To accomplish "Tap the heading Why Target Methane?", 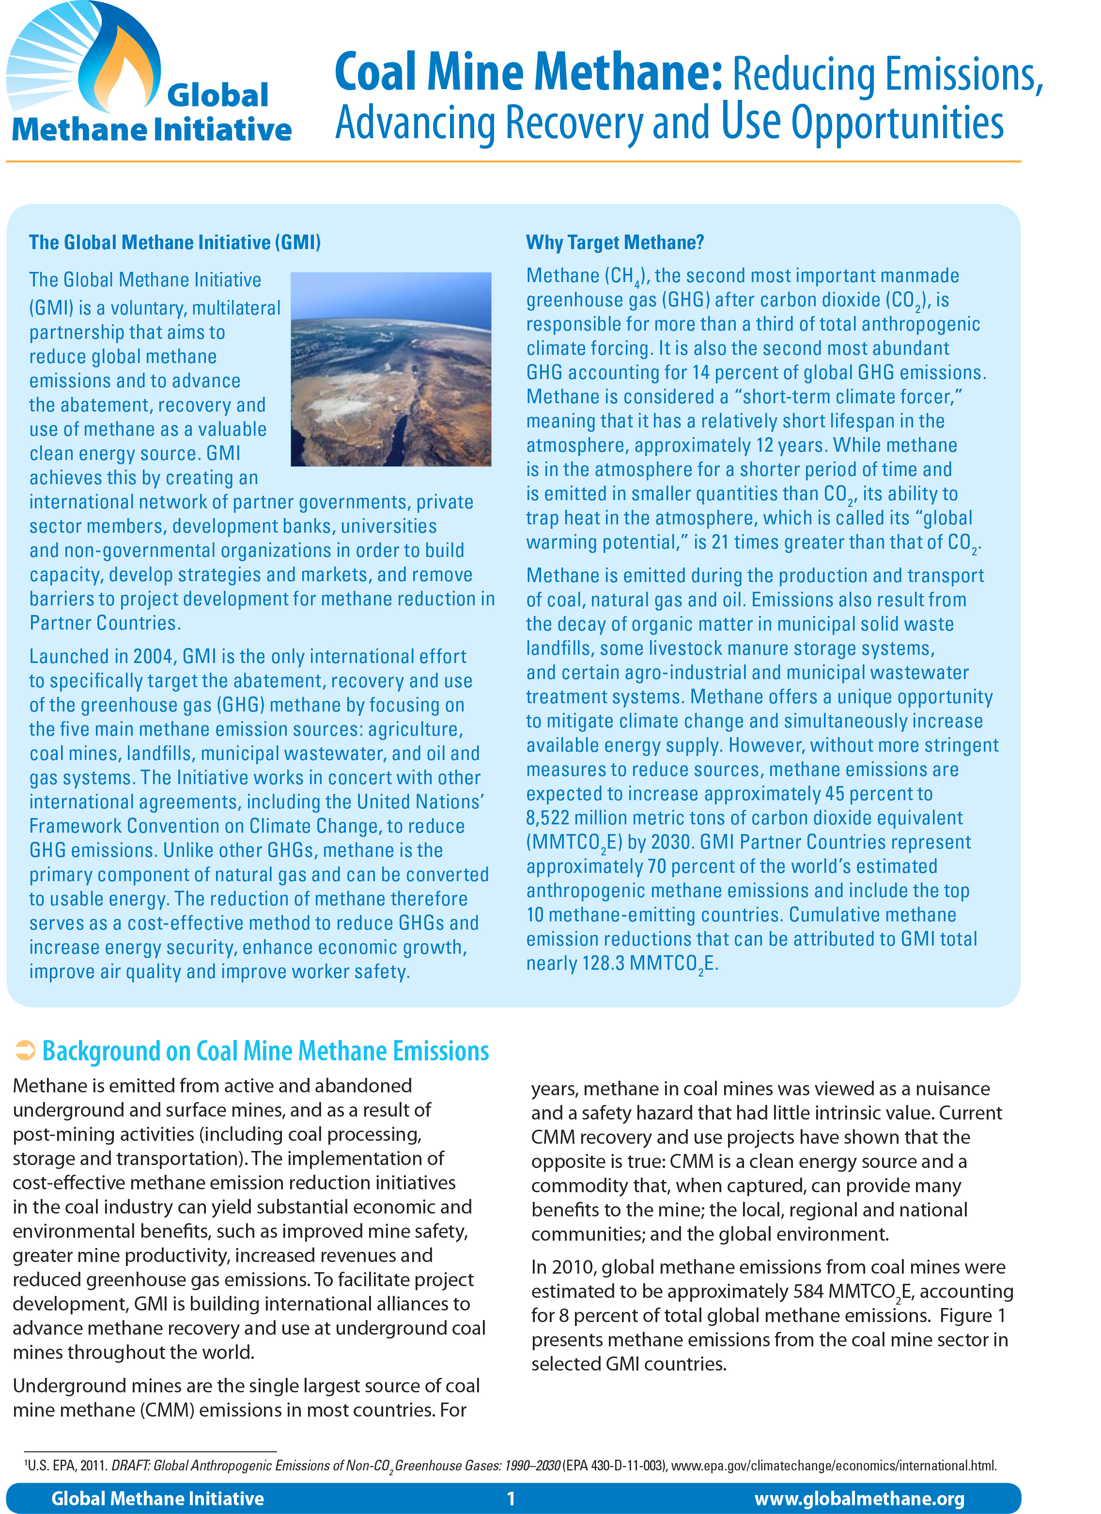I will click(x=615, y=242).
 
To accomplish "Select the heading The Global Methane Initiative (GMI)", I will click(x=175, y=242).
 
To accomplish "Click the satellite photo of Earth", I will click(x=391, y=369).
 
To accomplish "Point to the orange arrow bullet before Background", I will click(x=25, y=1050).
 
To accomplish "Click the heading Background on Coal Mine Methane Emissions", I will click(x=265, y=1051).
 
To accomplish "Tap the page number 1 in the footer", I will click(x=511, y=1498).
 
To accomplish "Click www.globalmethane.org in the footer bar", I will click(x=859, y=1498).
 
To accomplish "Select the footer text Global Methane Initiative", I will click(x=157, y=1498).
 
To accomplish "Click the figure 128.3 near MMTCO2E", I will click(x=603, y=963).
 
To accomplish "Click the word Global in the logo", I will click(x=217, y=95).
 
